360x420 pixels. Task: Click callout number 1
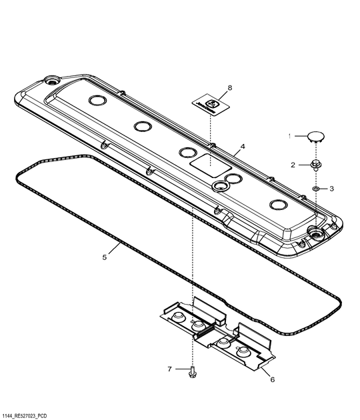tap(290, 136)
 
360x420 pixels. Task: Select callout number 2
tap(292, 164)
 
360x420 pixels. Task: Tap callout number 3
tap(331, 189)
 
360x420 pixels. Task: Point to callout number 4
tap(243, 146)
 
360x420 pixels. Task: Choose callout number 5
tap(104, 256)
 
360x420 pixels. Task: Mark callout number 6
tap(272, 379)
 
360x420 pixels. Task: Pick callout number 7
tap(169, 369)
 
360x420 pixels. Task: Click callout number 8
tap(229, 87)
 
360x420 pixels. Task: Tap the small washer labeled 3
tap(316, 189)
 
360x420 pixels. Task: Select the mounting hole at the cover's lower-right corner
tap(314, 233)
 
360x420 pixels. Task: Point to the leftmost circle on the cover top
tap(97, 101)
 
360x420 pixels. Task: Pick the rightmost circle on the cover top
tap(278, 205)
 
